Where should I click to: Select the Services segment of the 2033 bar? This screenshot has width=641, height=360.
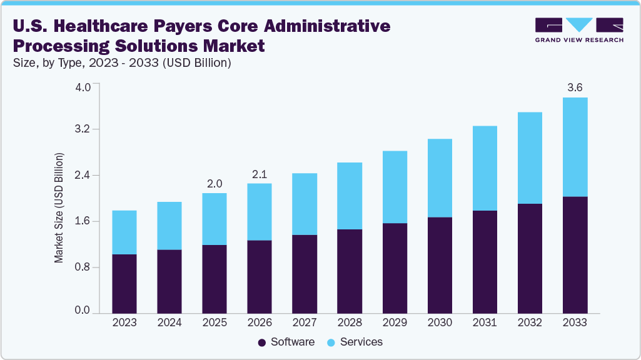575,147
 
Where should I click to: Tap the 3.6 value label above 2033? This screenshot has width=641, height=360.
575,87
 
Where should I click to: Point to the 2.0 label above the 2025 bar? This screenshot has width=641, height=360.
215,184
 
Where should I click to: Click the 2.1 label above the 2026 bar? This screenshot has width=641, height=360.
260,174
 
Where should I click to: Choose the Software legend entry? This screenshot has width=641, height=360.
286,342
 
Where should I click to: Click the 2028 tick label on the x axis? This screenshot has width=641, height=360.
350,322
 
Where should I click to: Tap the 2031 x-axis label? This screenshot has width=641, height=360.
485,322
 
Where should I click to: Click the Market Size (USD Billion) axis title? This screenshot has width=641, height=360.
59,206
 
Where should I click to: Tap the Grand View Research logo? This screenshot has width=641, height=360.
578,30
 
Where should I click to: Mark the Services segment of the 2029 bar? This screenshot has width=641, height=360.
395,187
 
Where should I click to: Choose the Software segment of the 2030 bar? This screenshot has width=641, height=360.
440,265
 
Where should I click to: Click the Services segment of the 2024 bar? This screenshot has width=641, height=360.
169,226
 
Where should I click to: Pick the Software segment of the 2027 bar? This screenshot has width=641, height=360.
305,274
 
